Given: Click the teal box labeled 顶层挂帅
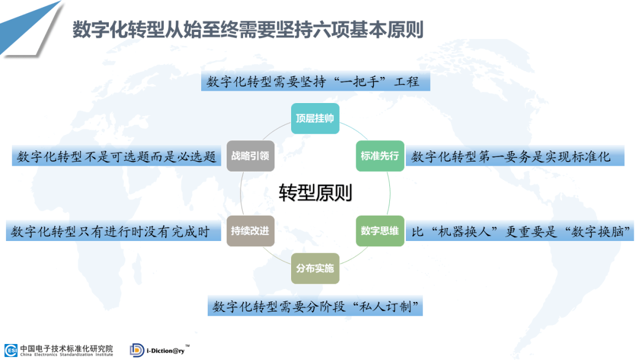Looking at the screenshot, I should (315, 118).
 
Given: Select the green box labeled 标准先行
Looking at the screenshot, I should (379, 156).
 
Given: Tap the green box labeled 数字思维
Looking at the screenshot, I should (379, 231).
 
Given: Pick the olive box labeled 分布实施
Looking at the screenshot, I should (315, 268).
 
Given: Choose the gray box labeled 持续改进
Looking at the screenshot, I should (250, 231).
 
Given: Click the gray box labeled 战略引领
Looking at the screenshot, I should (250, 156).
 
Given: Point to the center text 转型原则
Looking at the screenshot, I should (315, 193).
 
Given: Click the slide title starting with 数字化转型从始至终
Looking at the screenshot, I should (248, 30).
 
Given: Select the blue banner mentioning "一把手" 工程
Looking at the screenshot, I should (315, 82).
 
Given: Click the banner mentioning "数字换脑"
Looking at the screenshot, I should (521, 232).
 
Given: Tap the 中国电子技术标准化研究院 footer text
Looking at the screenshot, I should (66, 348).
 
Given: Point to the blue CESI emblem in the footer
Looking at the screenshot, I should (11, 350).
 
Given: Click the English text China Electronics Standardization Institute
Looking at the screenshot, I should (66, 354).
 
